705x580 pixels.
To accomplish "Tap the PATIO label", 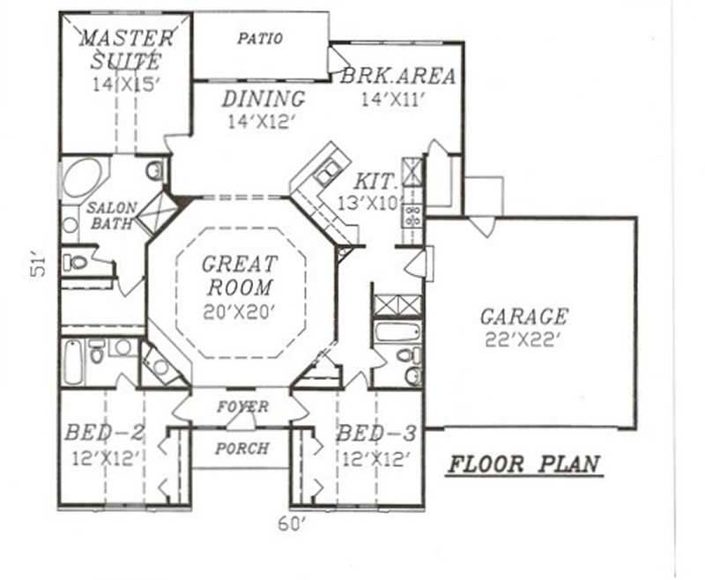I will coord(260,39).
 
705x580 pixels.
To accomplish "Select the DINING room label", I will coord(263,99).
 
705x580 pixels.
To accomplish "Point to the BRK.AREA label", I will coord(398,76).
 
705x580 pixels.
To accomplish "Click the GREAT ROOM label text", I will coord(239,275).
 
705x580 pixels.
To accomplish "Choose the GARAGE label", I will coord(523,316).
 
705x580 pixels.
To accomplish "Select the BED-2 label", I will coord(104,434).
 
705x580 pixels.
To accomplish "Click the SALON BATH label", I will coord(111,216).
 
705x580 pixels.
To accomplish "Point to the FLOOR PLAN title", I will coord(523,464).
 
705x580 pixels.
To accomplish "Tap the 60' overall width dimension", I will coord(291,524).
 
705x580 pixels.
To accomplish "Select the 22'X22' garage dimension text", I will coord(523,339).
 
